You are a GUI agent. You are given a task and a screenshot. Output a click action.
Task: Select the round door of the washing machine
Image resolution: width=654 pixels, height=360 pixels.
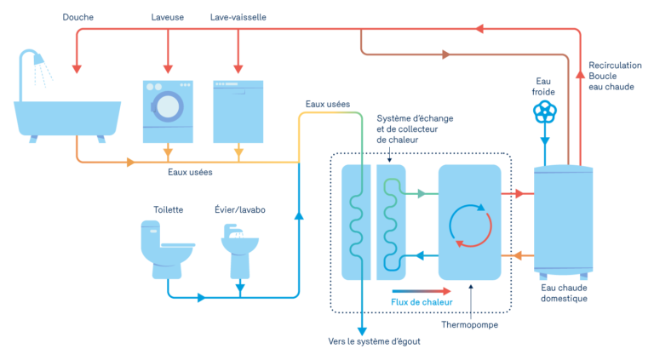coord(169,106)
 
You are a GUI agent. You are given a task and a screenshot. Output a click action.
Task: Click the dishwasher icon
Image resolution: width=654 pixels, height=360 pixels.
coord(238,111)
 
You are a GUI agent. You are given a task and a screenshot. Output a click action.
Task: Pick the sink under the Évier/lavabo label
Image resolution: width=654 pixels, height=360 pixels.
coord(239,247)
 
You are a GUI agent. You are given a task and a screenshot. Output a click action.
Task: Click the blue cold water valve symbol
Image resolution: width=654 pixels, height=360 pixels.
coord(544,111)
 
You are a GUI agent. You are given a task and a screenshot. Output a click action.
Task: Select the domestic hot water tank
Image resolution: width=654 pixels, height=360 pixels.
coord(563,220)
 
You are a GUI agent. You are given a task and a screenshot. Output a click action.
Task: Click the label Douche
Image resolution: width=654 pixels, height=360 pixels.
coord(78,17)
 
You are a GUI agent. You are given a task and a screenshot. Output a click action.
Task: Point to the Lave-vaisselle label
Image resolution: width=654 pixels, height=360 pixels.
coord(238,17)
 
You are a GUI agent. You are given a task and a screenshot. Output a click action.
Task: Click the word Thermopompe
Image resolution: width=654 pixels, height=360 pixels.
coord(470,324)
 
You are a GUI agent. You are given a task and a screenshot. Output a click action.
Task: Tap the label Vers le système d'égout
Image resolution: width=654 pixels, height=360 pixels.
coord(374,341)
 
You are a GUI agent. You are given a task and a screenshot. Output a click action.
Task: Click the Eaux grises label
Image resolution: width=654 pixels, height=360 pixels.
coord(189,171)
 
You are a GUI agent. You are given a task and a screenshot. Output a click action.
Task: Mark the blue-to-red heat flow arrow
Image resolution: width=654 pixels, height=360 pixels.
coord(422,290)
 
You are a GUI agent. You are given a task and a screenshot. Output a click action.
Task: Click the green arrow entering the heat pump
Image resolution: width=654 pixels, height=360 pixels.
coord(417,194)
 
